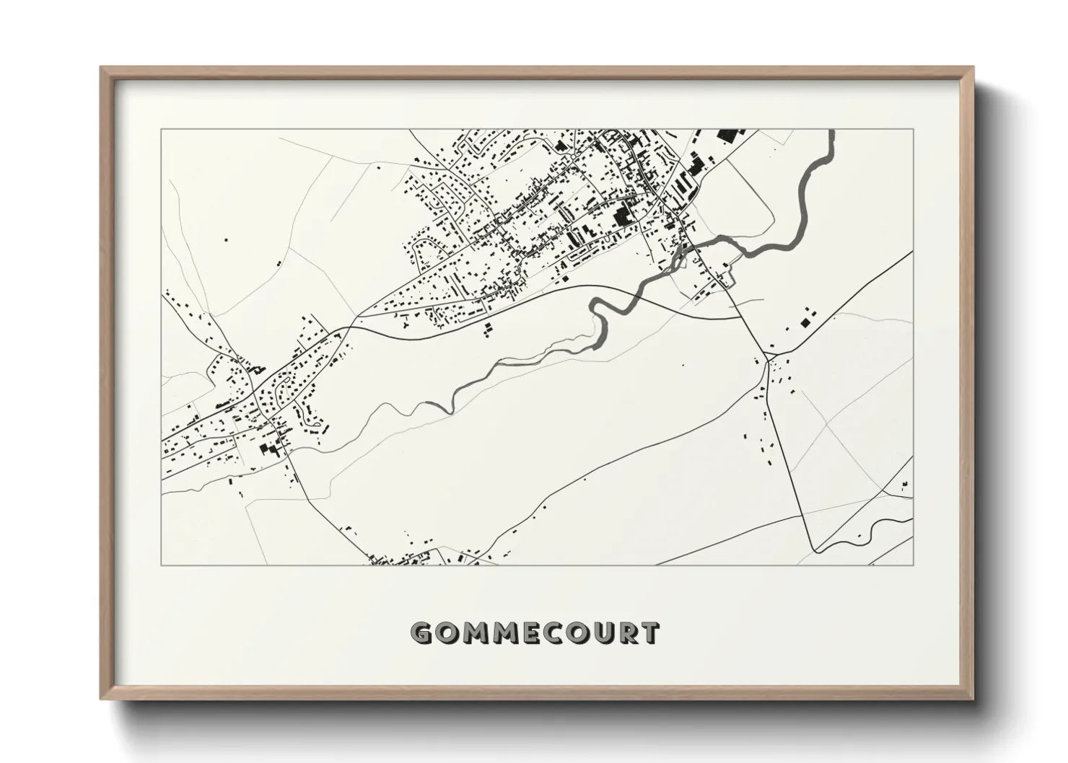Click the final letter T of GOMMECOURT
649,632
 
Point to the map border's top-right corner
913,130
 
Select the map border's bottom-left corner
161,565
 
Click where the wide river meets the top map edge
832,131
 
